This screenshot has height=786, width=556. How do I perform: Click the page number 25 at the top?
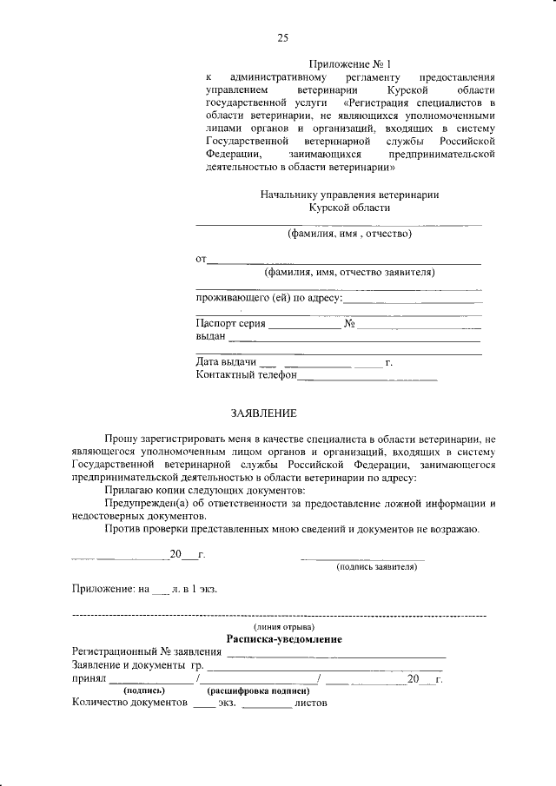(282, 37)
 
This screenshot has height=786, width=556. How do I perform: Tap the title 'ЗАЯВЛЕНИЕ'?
(263, 413)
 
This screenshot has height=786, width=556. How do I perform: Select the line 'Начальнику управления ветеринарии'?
(349, 195)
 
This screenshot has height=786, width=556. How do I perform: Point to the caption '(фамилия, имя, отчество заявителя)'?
(349, 272)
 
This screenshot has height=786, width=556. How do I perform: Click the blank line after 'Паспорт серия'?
(305, 328)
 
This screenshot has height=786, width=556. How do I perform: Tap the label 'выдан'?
(212, 337)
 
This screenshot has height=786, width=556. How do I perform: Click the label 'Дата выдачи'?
(226, 362)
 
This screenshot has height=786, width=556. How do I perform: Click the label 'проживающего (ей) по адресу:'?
(269, 299)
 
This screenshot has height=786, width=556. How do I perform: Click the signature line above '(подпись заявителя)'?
(362, 558)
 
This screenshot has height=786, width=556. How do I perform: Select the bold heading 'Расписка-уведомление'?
(284, 639)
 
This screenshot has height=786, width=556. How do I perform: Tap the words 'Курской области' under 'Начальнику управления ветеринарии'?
(349, 208)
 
